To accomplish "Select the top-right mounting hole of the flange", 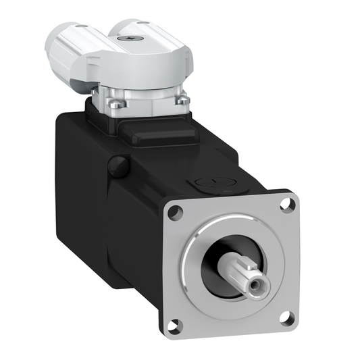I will click(x=288, y=202).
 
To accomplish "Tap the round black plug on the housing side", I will click(x=119, y=164).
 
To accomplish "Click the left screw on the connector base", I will click(x=112, y=103).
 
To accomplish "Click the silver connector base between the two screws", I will click(x=145, y=101).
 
